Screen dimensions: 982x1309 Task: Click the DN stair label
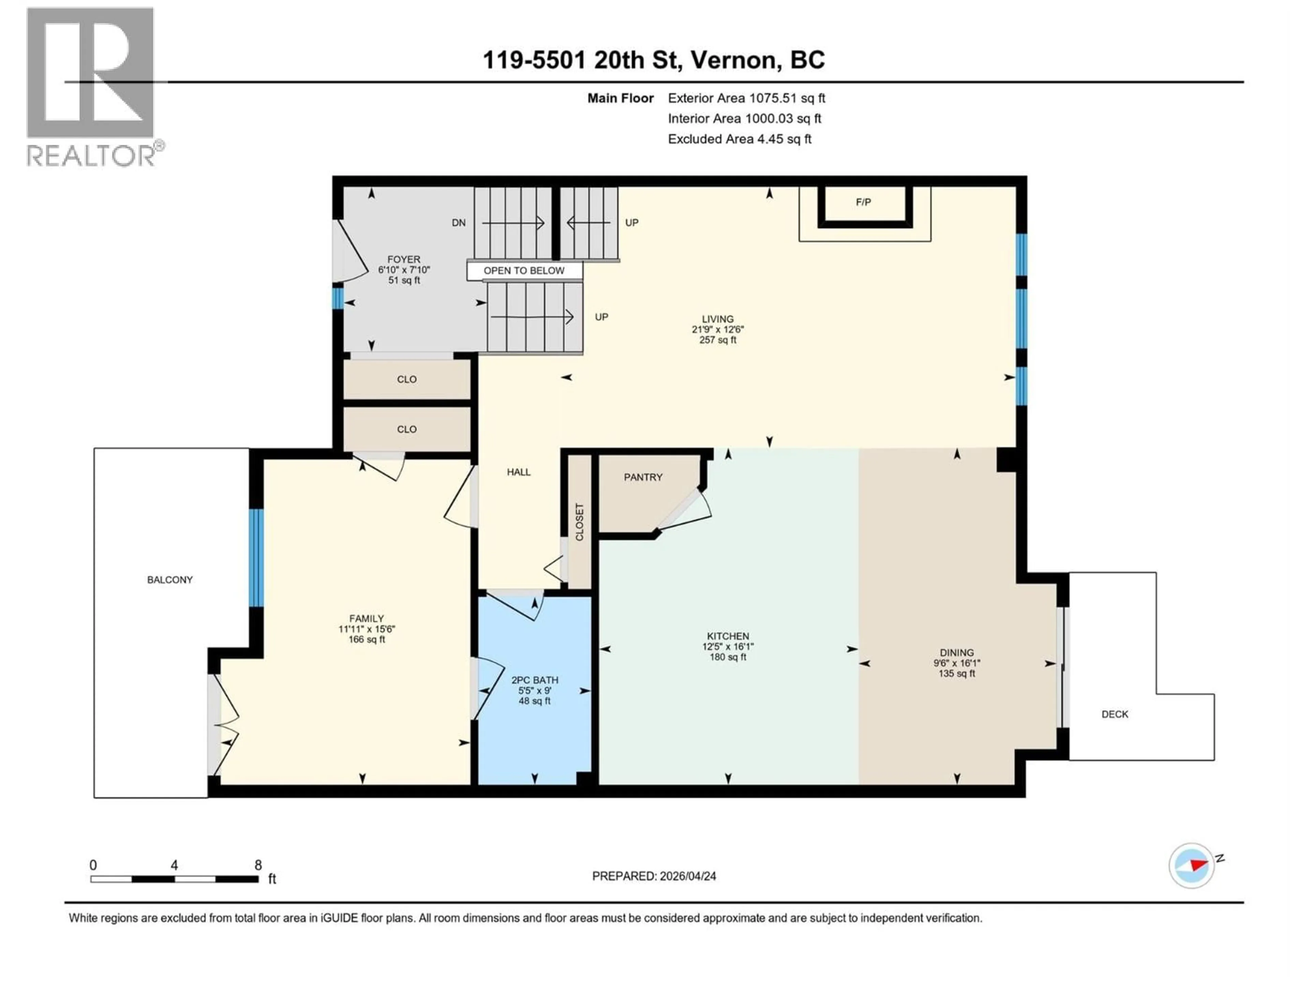point(458,223)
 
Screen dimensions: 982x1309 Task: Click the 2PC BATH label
point(535,680)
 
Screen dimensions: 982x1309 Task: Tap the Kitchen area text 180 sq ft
point(727,657)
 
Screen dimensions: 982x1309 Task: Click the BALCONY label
point(170,580)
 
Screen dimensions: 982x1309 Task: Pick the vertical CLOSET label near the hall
point(580,522)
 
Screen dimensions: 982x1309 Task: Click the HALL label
point(518,472)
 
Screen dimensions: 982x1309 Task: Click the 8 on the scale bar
point(258,865)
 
